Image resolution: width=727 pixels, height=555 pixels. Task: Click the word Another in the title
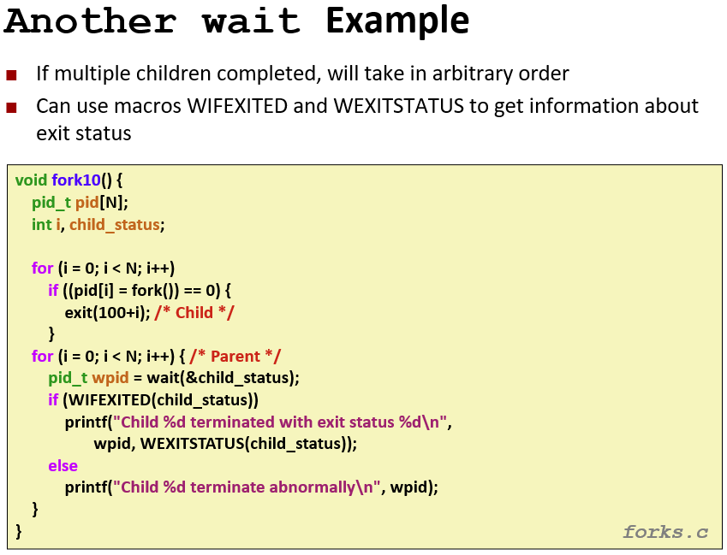(x=91, y=21)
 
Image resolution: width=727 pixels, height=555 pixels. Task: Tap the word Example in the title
(x=397, y=21)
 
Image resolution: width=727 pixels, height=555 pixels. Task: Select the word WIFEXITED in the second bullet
(x=237, y=106)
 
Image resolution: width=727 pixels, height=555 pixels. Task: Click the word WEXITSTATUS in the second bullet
(x=398, y=106)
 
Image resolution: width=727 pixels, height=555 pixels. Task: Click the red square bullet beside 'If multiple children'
(x=12, y=75)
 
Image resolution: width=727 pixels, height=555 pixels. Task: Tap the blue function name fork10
(x=76, y=180)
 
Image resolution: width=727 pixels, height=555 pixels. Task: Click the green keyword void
(x=31, y=180)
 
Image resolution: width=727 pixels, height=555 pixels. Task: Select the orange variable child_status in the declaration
(x=115, y=225)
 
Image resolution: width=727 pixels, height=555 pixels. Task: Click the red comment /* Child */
(x=194, y=312)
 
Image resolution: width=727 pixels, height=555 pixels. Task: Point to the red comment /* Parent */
(x=235, y=356)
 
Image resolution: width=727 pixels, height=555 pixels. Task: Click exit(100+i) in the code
(x=107, y=313)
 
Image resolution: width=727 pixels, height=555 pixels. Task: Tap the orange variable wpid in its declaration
(x=110, y=378)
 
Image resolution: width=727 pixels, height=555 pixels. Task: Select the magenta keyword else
(x=63, y=465)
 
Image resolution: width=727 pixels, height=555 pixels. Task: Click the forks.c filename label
(x=665, y=532)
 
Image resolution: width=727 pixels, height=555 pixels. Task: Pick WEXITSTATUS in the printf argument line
(x=192, y=444)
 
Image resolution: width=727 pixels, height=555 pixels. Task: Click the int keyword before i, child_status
(x=41, y=225)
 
